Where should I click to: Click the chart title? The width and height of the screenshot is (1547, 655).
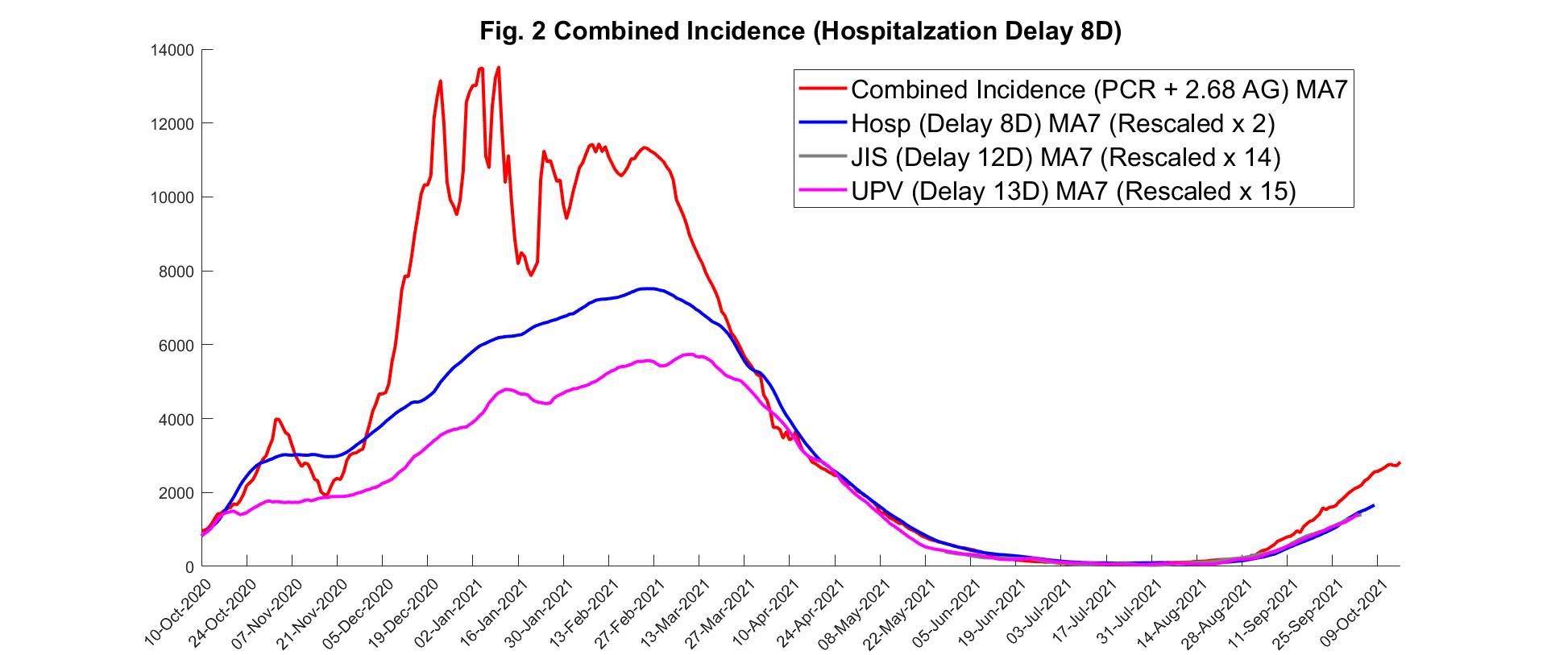(800, 31)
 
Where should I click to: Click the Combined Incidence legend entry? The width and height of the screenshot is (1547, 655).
(1099, 89)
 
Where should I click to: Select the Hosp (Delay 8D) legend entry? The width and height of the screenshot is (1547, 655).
(1063, 123)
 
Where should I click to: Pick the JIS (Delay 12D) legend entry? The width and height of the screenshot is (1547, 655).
(1065, 157)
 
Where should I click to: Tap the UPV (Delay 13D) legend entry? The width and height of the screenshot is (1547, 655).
(1073, 191)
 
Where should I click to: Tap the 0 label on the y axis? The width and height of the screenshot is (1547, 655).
(189, 567)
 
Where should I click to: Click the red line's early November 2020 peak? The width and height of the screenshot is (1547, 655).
(277, 419)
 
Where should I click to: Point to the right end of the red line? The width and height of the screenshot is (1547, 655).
(1400, 462)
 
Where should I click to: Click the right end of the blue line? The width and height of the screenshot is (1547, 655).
(1373, 505)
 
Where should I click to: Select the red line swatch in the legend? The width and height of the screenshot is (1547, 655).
(822, 89)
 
